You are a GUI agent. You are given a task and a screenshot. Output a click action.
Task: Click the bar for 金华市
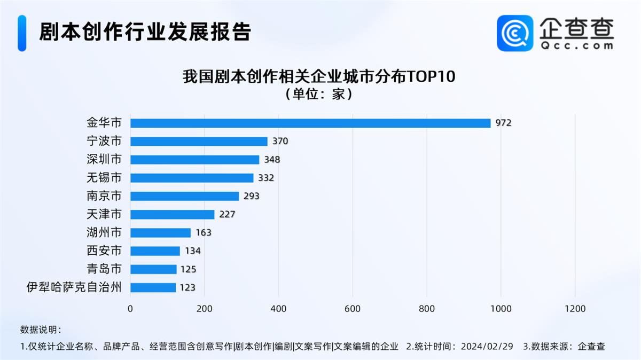click(x=310, y=123)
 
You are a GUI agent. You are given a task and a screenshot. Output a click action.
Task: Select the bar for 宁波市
click(x=199, y=142)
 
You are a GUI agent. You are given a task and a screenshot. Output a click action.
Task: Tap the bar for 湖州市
click(x=160, y=233)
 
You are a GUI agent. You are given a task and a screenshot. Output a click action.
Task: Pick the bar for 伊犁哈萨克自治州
click(x=153, y=287)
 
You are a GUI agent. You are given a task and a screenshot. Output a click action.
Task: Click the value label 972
click(x=503, y=123)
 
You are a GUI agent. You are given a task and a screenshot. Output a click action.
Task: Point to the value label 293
click(x=251, y=196)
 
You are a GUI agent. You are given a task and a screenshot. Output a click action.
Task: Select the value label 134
click(x=192, y=251)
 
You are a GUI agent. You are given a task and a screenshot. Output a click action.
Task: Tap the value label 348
click(x=271, y=160)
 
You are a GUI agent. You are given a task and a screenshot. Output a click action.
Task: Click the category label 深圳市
click(x=104, y=160)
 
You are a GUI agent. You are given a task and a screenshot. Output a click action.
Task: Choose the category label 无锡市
click(x=104, y=178)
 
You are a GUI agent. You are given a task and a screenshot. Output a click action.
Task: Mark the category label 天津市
click(x=104, y=214)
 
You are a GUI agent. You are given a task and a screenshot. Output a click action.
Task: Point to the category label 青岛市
click(x=104, y=269)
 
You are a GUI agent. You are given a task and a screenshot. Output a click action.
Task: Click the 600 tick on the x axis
click(x=353, y=309)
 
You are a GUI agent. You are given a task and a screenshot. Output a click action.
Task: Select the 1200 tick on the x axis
click(x=575, y=309)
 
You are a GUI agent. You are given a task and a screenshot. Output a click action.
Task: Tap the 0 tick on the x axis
click(x=130, y=309)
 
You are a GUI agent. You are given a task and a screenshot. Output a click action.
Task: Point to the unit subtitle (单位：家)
click(x=319, y=95)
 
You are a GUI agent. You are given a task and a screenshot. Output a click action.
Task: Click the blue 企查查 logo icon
click(x=515, y=33)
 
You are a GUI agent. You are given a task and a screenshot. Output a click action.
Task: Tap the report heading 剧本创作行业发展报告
click(x=145, y=32)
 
